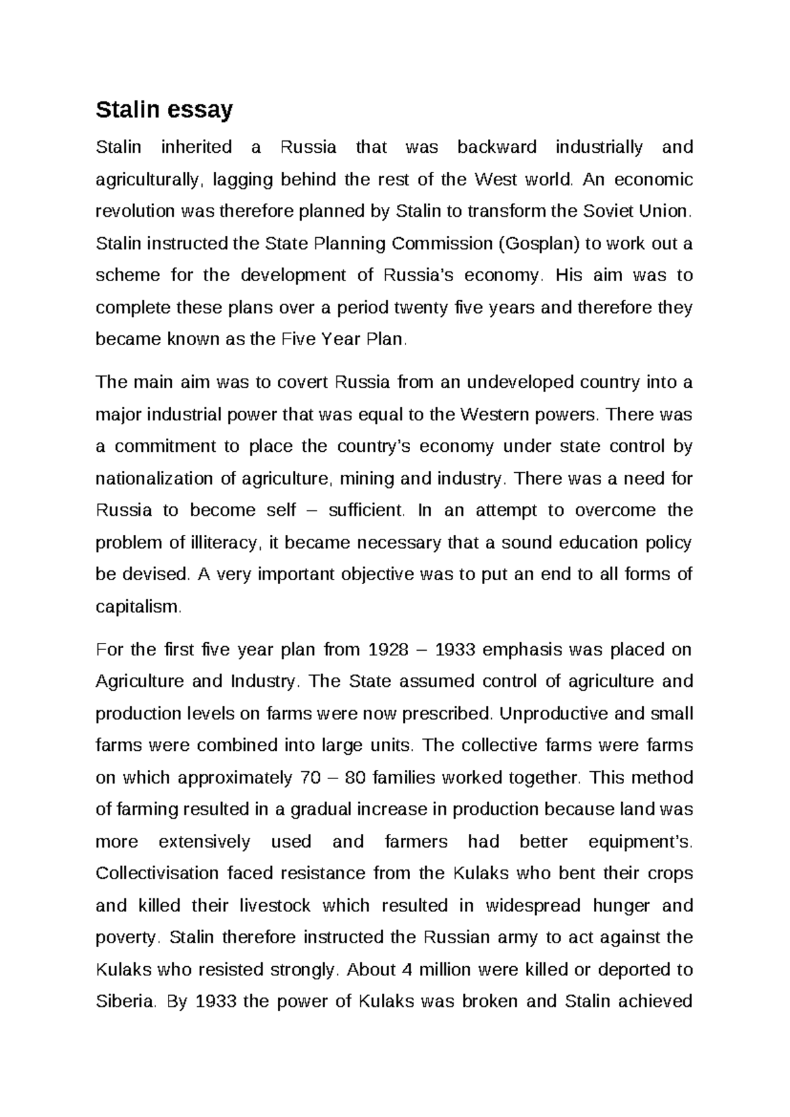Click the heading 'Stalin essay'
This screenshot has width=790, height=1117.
click(x=164, y=109)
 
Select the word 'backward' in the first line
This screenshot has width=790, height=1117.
click(x=497, y=147)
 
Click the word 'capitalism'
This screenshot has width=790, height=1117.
click(x=137, y=607)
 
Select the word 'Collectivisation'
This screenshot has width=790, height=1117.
click(x=157, y=874)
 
